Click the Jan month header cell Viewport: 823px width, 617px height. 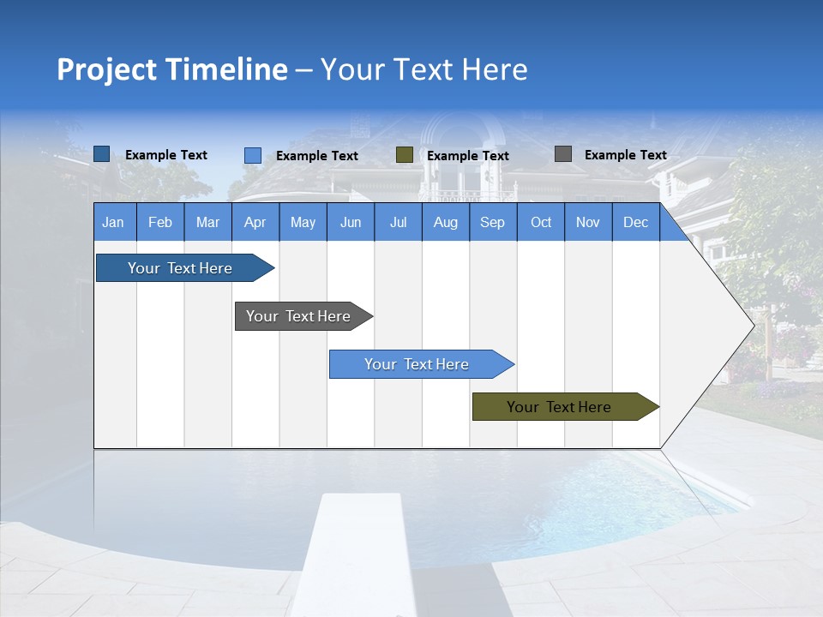114,223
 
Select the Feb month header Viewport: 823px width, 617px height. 160,223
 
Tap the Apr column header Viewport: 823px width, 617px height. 255,223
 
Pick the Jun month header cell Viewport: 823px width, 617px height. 351,223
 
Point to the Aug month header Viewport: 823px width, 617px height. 445,223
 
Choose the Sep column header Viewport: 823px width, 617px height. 492,223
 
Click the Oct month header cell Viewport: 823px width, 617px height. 541,223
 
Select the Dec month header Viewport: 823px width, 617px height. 635,223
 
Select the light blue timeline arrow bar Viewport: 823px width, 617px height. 418,364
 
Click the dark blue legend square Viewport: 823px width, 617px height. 101,154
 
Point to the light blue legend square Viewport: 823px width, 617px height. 252,155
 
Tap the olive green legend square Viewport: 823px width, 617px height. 405,155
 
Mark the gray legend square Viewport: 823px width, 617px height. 563,154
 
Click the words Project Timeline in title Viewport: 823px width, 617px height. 171,69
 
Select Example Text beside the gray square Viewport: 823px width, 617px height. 625,155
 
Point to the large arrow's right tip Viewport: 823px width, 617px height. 752,326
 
